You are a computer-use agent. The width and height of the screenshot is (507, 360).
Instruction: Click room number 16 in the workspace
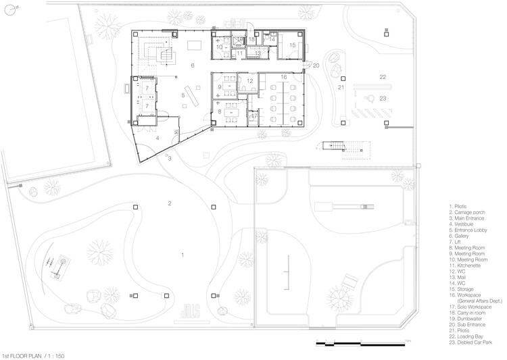(x=284, y=78)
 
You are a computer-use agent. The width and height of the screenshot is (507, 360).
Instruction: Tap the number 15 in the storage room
(x=293, y=45)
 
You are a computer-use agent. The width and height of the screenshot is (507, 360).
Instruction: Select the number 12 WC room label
(x=249, y=81)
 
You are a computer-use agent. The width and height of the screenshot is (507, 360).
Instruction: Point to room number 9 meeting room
(x=220, y=86)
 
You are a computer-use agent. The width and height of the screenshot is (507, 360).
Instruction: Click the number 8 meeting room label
(x=220, y=111)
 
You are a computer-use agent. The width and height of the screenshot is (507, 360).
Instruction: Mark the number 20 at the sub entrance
(x=316, y=66)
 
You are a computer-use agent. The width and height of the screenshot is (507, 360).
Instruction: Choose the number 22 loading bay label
(x=383, y=78)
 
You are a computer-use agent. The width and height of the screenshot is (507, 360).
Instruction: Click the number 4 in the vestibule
(x=158, y=138)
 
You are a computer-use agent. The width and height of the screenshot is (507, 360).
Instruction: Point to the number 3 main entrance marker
(x=170, y=159)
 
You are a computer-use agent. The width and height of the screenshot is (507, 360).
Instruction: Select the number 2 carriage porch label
(x=170, y=203)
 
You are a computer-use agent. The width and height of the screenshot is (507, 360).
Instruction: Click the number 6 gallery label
(x=193, y=66)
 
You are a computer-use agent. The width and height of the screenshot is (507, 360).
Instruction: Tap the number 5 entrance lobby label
(x=183, y=96)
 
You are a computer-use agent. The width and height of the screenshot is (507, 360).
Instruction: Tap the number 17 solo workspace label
(x=254, y=116)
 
